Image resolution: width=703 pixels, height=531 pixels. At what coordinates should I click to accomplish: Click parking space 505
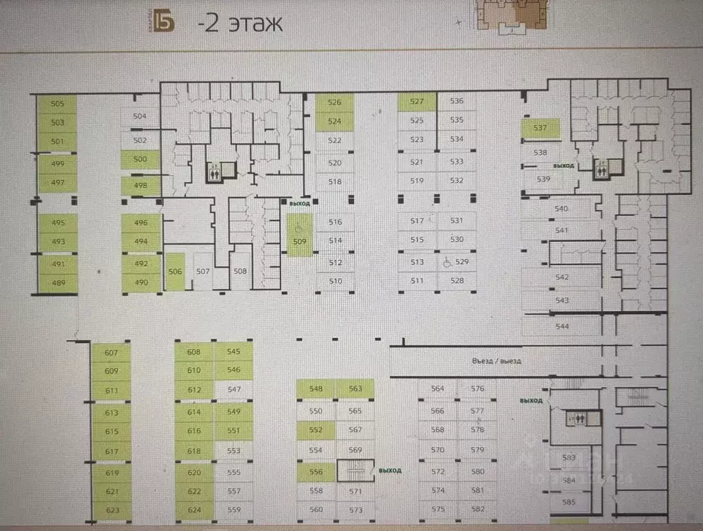click(x=57, y=104)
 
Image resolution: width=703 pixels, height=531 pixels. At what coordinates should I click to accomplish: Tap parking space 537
click(x=540, y=129)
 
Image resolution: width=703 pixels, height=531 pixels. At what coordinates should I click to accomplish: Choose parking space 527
click(x=417, y=102)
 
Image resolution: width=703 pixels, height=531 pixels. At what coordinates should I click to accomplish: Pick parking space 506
click(x=175, y=272)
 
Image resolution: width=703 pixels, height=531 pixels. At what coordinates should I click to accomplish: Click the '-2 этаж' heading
click(x=240, y=24)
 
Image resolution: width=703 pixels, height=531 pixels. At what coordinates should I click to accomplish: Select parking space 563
click(x=355, y=389)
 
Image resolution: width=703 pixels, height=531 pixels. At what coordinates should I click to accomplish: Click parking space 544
click(x=561, y=326)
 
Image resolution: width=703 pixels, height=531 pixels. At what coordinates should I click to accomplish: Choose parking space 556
click(x=316, y=472)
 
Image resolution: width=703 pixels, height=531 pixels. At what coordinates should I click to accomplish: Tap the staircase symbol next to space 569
click(x=355, y=470)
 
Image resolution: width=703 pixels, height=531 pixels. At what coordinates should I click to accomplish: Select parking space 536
click(x=456, y=102)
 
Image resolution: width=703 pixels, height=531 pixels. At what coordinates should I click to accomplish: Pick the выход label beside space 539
click(x=564, y=167)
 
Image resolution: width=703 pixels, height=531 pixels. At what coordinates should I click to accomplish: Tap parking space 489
click(x=57, y=283)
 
